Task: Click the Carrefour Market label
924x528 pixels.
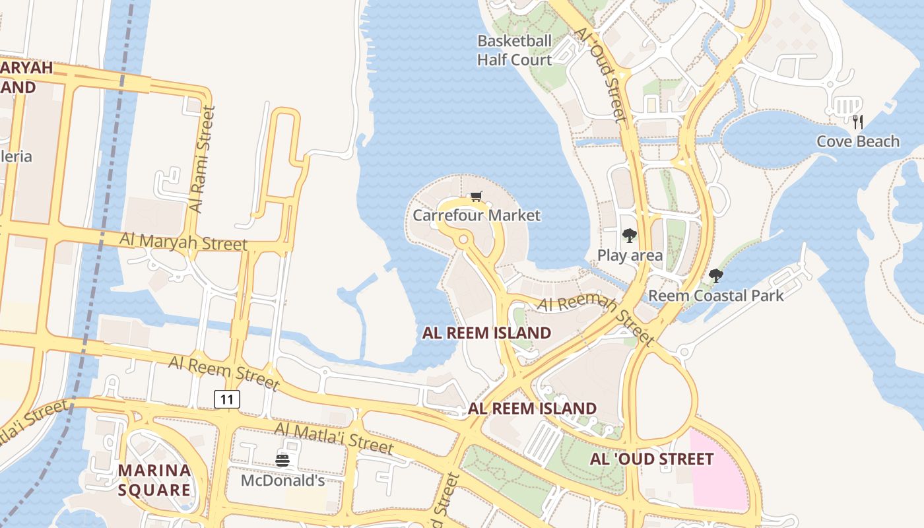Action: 476,215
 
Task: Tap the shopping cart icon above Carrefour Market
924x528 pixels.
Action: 477,196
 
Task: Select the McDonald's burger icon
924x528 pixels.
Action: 282,460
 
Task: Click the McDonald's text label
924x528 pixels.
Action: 282,480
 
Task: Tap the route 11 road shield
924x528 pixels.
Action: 226,399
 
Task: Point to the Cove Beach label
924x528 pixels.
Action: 857,141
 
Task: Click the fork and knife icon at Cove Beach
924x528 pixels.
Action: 857,121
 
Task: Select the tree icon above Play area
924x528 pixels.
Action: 629,235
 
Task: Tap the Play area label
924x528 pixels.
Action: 630,255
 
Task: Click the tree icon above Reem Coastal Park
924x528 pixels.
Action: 715,275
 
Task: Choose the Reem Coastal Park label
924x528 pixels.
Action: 715,295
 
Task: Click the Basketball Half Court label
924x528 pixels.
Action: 514,50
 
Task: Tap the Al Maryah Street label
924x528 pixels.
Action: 183,240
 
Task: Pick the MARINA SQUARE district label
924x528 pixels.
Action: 154,480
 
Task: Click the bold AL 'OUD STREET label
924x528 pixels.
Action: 651,459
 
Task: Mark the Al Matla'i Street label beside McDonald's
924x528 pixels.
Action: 333,438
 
